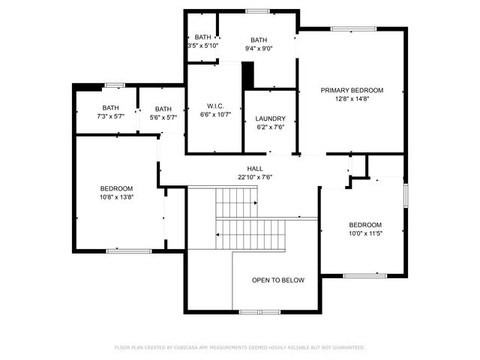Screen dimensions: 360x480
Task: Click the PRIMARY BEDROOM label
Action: coord(352,90)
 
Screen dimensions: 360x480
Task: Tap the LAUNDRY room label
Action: coord(270,119)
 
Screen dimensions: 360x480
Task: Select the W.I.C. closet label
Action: coord(215,106)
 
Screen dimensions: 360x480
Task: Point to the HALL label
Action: coord(255,169)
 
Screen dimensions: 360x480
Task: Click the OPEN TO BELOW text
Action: coord(278,280)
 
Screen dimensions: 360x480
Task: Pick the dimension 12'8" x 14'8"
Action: coord(352,98)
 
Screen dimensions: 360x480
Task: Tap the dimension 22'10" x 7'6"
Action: coord(255,177)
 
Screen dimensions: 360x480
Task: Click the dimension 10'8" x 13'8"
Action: coord(117,196)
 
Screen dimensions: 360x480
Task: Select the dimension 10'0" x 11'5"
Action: coord(365,233)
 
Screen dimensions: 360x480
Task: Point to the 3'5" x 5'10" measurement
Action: coord(202,46)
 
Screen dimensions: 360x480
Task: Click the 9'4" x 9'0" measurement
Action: coord(259,49)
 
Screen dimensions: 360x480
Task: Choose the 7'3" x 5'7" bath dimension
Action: coord(111,116)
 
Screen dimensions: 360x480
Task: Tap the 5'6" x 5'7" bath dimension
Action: coord(163,117)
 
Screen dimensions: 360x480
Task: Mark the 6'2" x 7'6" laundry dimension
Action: coord(270,127)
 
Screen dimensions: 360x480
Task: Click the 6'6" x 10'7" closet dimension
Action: coord(215,115)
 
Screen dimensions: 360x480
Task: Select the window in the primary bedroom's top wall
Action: coord(353,29)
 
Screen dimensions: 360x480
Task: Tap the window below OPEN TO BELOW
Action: coord(259,311)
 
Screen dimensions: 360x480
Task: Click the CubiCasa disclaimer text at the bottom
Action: coord(240,347)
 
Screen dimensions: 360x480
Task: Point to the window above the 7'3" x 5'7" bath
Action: coord(114,85)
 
